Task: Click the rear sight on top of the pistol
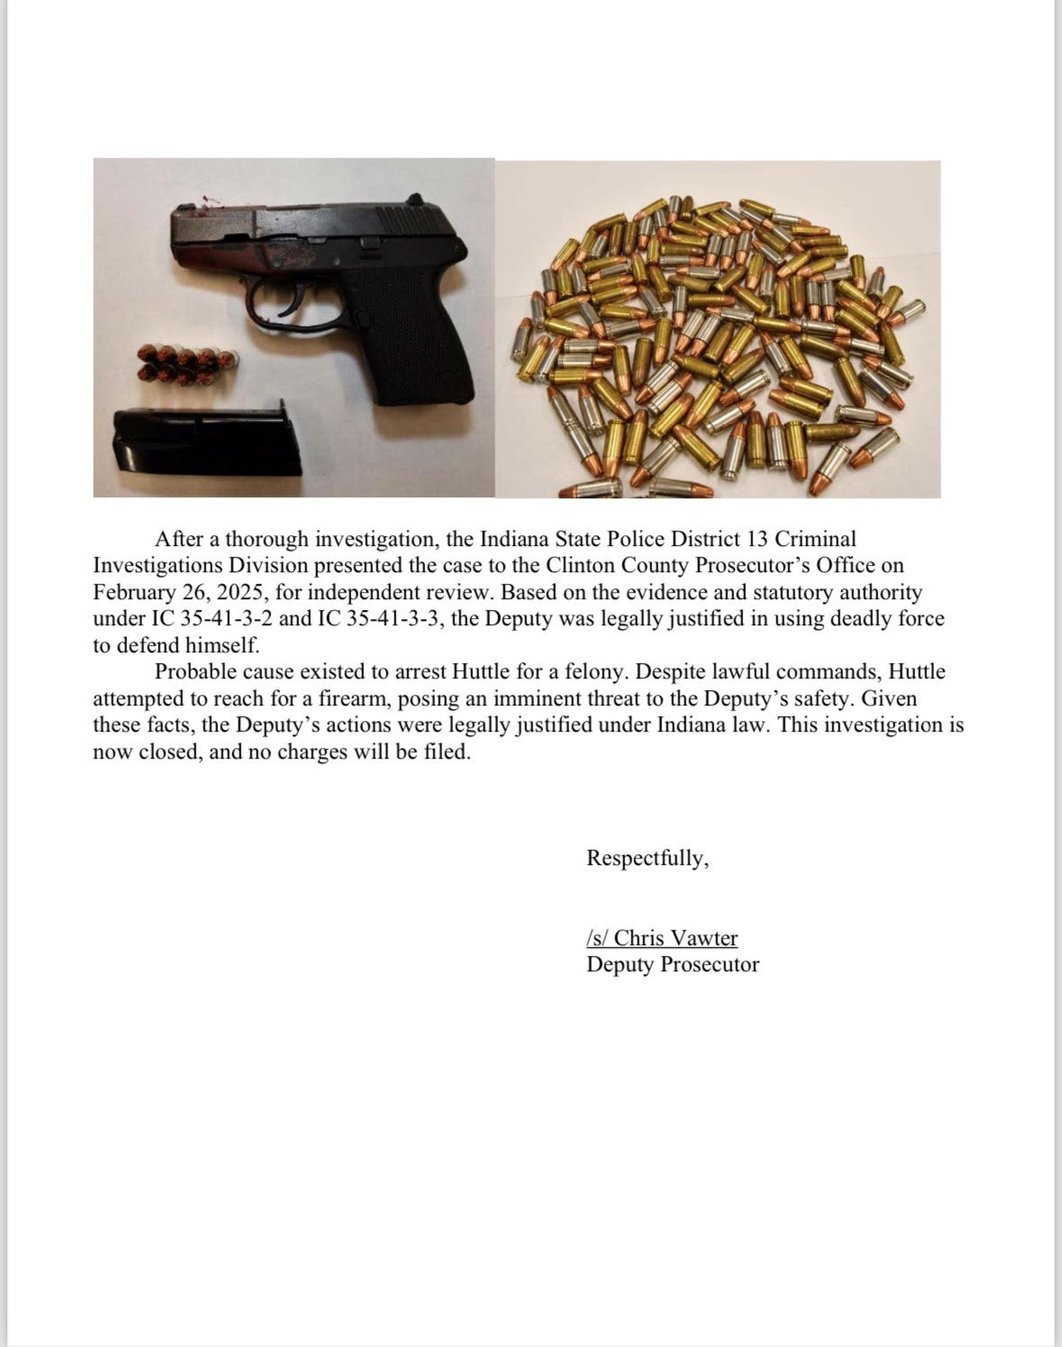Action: (415, 197)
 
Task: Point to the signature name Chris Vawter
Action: (675, 938)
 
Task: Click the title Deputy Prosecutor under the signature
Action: (672, 965)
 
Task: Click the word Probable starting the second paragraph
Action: (193, 671)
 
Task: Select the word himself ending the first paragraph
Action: (222, 646)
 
